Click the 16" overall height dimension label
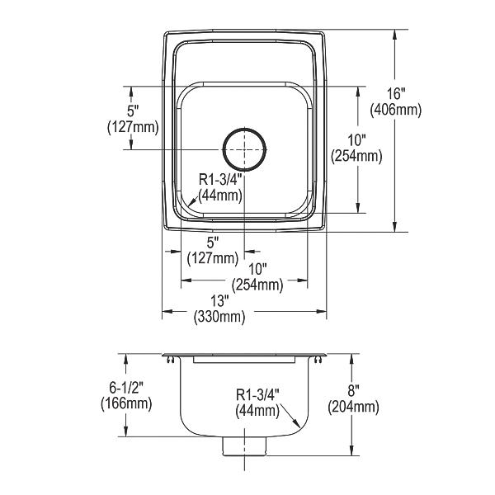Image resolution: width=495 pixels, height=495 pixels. pos(396,94)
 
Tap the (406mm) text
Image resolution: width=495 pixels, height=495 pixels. pos(396,110)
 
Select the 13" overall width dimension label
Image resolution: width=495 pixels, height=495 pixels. pos(219,301)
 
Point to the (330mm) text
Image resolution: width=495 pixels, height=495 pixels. pos(219,317)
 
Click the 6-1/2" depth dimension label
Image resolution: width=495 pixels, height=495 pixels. pos(126,388)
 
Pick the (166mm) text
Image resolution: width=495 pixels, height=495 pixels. pos(126,403)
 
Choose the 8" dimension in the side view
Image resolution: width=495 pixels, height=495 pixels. pos(354,391)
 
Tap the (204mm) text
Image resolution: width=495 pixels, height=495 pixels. pos(353,407)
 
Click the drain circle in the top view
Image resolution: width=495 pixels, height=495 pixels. pos(245,128)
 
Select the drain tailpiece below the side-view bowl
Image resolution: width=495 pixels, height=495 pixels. pos(245,446)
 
